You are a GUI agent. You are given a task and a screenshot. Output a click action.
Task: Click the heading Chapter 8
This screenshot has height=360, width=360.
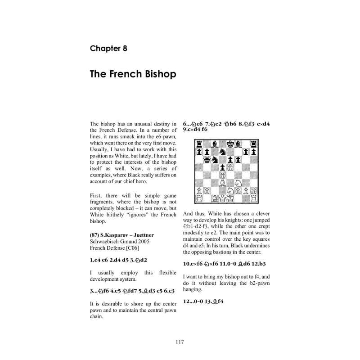[x=108, y=48]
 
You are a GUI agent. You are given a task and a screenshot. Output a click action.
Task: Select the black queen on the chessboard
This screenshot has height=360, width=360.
[x=207, y=159]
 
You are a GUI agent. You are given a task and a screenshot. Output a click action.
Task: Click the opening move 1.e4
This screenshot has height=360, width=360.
[x=94, y=260]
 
